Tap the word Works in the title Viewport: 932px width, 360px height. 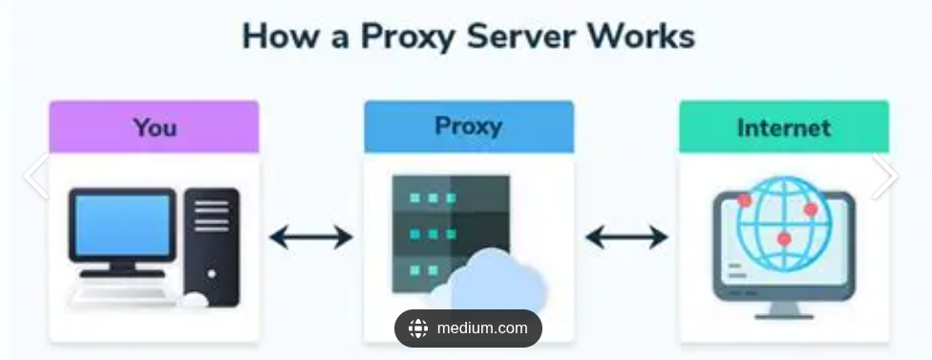(641, 36)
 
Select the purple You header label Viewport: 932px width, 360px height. (154, 127)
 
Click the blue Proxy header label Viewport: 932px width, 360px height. (468, 126)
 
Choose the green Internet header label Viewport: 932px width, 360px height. (783, 127)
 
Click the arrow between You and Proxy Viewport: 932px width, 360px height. (310, 237)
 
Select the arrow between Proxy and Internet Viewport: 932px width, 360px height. (626, 237)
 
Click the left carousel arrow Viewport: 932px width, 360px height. (34, 176)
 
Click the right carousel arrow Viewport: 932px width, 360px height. (885, 176)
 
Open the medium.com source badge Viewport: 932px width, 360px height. (468, 328)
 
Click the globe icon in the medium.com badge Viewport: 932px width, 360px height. (418, 328)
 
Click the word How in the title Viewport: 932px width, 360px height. (284, 36)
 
